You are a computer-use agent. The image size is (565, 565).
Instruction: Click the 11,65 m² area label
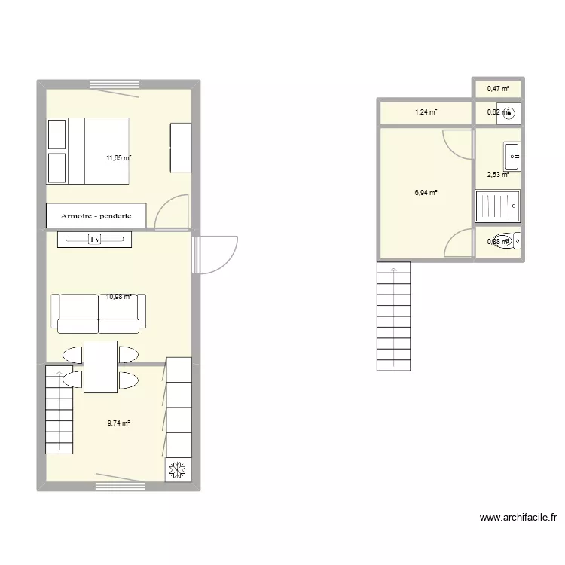coord(118,158)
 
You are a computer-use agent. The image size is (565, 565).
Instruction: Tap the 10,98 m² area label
coord(118,297)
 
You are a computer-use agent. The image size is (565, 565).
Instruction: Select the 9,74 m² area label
coord(118,423)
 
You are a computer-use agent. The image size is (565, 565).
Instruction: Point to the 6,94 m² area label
coord(426,193)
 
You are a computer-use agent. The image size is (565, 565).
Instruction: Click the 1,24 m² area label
coord(426,113)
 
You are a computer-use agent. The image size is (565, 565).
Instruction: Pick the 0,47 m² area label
coord(497,89)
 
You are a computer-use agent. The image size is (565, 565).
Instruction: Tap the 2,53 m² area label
coord(497,175)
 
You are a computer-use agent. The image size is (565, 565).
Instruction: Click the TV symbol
coord(95,240)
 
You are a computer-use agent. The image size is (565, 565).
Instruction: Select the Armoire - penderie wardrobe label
coord(89,215)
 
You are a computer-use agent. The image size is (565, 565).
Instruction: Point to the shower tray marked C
coord(498,206)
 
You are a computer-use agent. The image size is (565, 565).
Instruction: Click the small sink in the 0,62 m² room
coord(510,114)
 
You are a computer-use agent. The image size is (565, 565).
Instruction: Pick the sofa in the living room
coord(98,312)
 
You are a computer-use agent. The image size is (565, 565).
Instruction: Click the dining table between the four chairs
coord(100,367)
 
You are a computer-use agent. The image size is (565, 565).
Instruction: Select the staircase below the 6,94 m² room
coord(393,316)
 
